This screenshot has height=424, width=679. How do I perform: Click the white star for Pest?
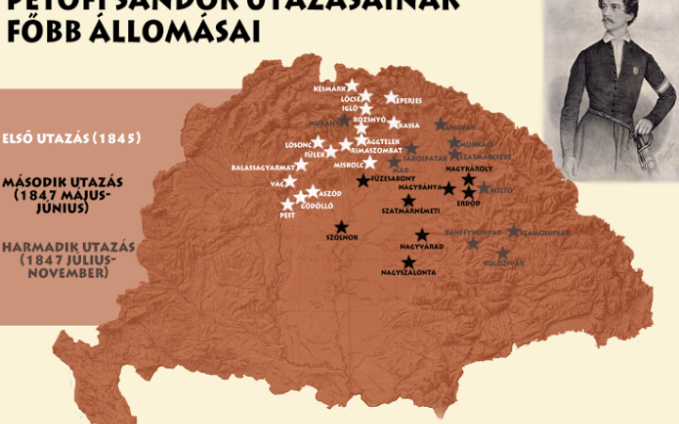pos(288,204)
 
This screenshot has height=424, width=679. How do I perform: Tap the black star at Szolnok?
pos(341,226)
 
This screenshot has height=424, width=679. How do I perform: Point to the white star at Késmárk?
pos(352,86)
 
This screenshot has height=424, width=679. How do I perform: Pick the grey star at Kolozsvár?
pos(503,253)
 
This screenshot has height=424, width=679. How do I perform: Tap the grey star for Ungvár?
pos(440,124)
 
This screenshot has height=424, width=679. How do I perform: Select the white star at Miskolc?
pos(370,162)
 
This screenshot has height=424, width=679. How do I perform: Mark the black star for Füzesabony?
pos(362,180)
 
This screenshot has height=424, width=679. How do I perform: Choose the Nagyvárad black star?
pos(422,235)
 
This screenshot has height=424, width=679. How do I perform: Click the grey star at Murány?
pos(344,122)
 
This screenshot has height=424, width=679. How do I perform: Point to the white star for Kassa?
pos(393,123)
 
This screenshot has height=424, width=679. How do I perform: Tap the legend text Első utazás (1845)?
pos(72,139)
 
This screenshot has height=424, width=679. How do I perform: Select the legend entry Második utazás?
pos(62,180)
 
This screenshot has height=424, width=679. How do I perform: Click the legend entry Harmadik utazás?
pos(68,247)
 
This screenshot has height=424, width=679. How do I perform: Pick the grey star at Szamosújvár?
pos(513,231)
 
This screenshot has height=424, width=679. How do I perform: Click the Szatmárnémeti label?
pos(406,213)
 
